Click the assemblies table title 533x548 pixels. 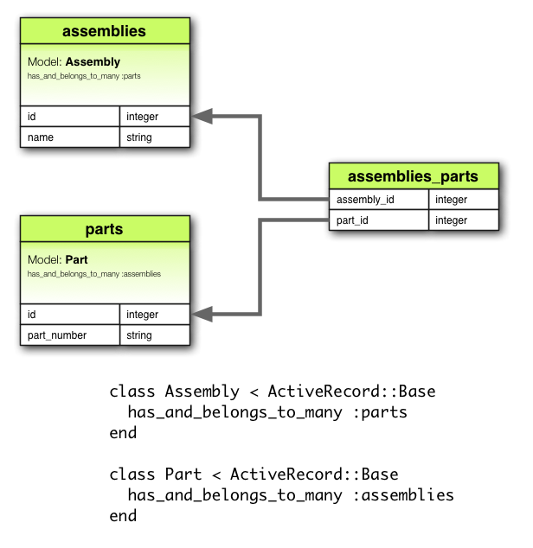[104, 32]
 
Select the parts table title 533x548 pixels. [104, 229]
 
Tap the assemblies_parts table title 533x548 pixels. [413, 176]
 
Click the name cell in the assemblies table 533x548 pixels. [69, 137]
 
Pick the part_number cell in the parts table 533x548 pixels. [69, 335]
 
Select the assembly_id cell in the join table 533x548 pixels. [378, 200]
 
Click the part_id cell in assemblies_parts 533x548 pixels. [378, 220]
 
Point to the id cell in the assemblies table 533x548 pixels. [69, 116]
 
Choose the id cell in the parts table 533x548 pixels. [69, 315]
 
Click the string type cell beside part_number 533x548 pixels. [154, 335]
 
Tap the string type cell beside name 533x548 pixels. [154, 137]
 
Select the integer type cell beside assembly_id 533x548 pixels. [463, 200]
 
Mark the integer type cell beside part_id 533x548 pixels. [463, 220]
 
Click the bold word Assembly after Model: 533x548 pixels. [93, 62]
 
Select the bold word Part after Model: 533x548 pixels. [76, 259]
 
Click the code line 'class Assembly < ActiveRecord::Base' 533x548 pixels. [273, 391]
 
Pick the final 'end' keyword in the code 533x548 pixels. [123, 516]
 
